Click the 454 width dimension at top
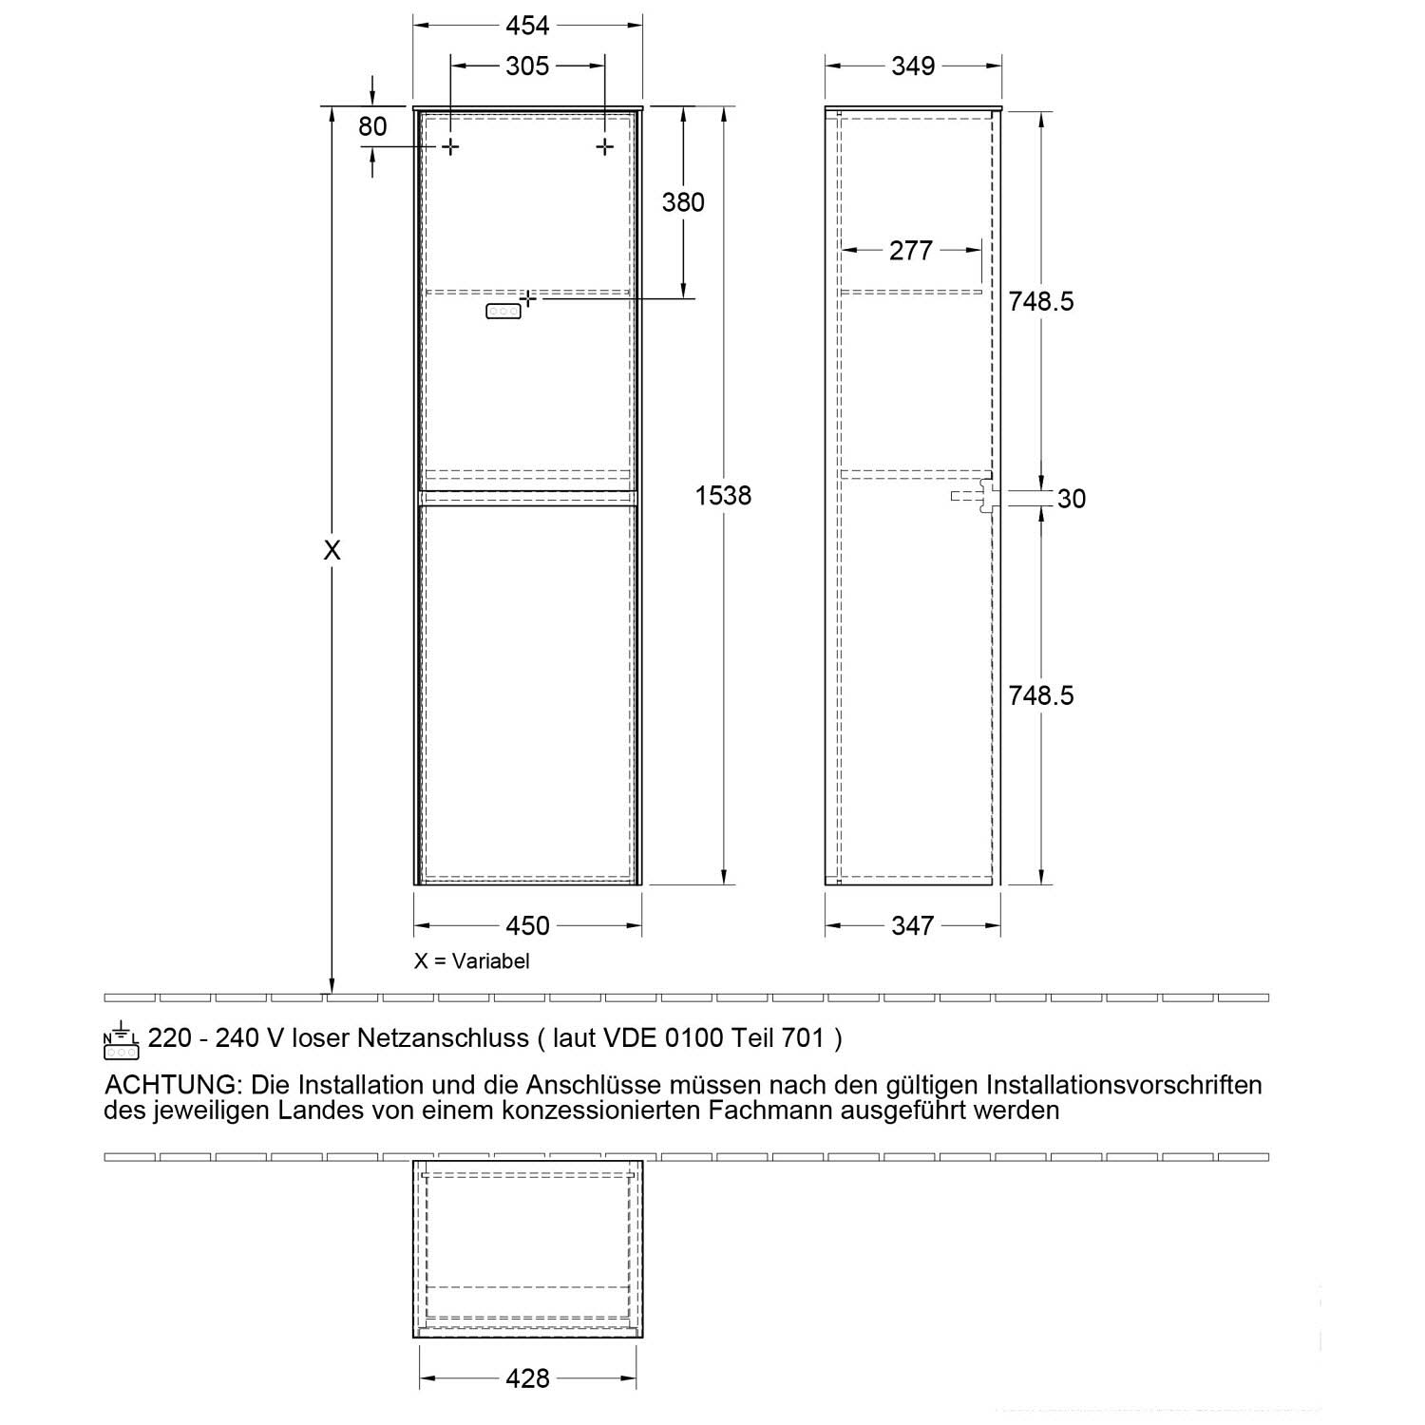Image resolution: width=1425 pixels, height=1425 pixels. (x=527, y=25)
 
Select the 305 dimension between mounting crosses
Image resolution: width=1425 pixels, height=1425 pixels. (x=527, y=66)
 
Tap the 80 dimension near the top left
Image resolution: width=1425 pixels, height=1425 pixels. (x=372, y=126)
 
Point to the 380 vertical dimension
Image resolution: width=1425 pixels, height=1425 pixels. (x=683, y=202)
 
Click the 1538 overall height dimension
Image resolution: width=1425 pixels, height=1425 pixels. (x=723, y=495)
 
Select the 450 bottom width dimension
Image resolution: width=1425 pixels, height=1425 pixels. (x=527, y=925)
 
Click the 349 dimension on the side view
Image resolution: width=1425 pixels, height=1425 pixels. (x=913, y=66)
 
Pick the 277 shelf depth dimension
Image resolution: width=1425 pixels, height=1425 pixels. (x=911, y=251)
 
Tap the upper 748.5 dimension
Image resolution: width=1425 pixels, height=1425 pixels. (x=1041, y=301)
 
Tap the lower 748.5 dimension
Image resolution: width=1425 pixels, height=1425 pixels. (x=1041, y=695)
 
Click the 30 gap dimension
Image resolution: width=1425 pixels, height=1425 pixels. (x=1071, y=499)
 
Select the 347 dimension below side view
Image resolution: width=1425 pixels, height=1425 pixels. (x=912, y=925)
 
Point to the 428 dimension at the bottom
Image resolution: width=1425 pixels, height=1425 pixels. (x=527, y=1378)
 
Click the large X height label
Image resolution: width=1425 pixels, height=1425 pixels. (x=332, y=550)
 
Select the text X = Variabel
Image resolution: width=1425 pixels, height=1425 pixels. (x=471, y=960)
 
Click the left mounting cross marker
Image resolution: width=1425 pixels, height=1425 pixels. (x=450, y=146)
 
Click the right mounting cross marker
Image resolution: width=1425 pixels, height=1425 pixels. (x=604, y=146)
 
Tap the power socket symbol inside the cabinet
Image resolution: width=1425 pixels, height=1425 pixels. (x=503, y=311)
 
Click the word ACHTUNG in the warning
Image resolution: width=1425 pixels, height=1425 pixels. (x=169, y=1085)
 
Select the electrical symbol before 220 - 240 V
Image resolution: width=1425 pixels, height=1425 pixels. (x=122, y=1041)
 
